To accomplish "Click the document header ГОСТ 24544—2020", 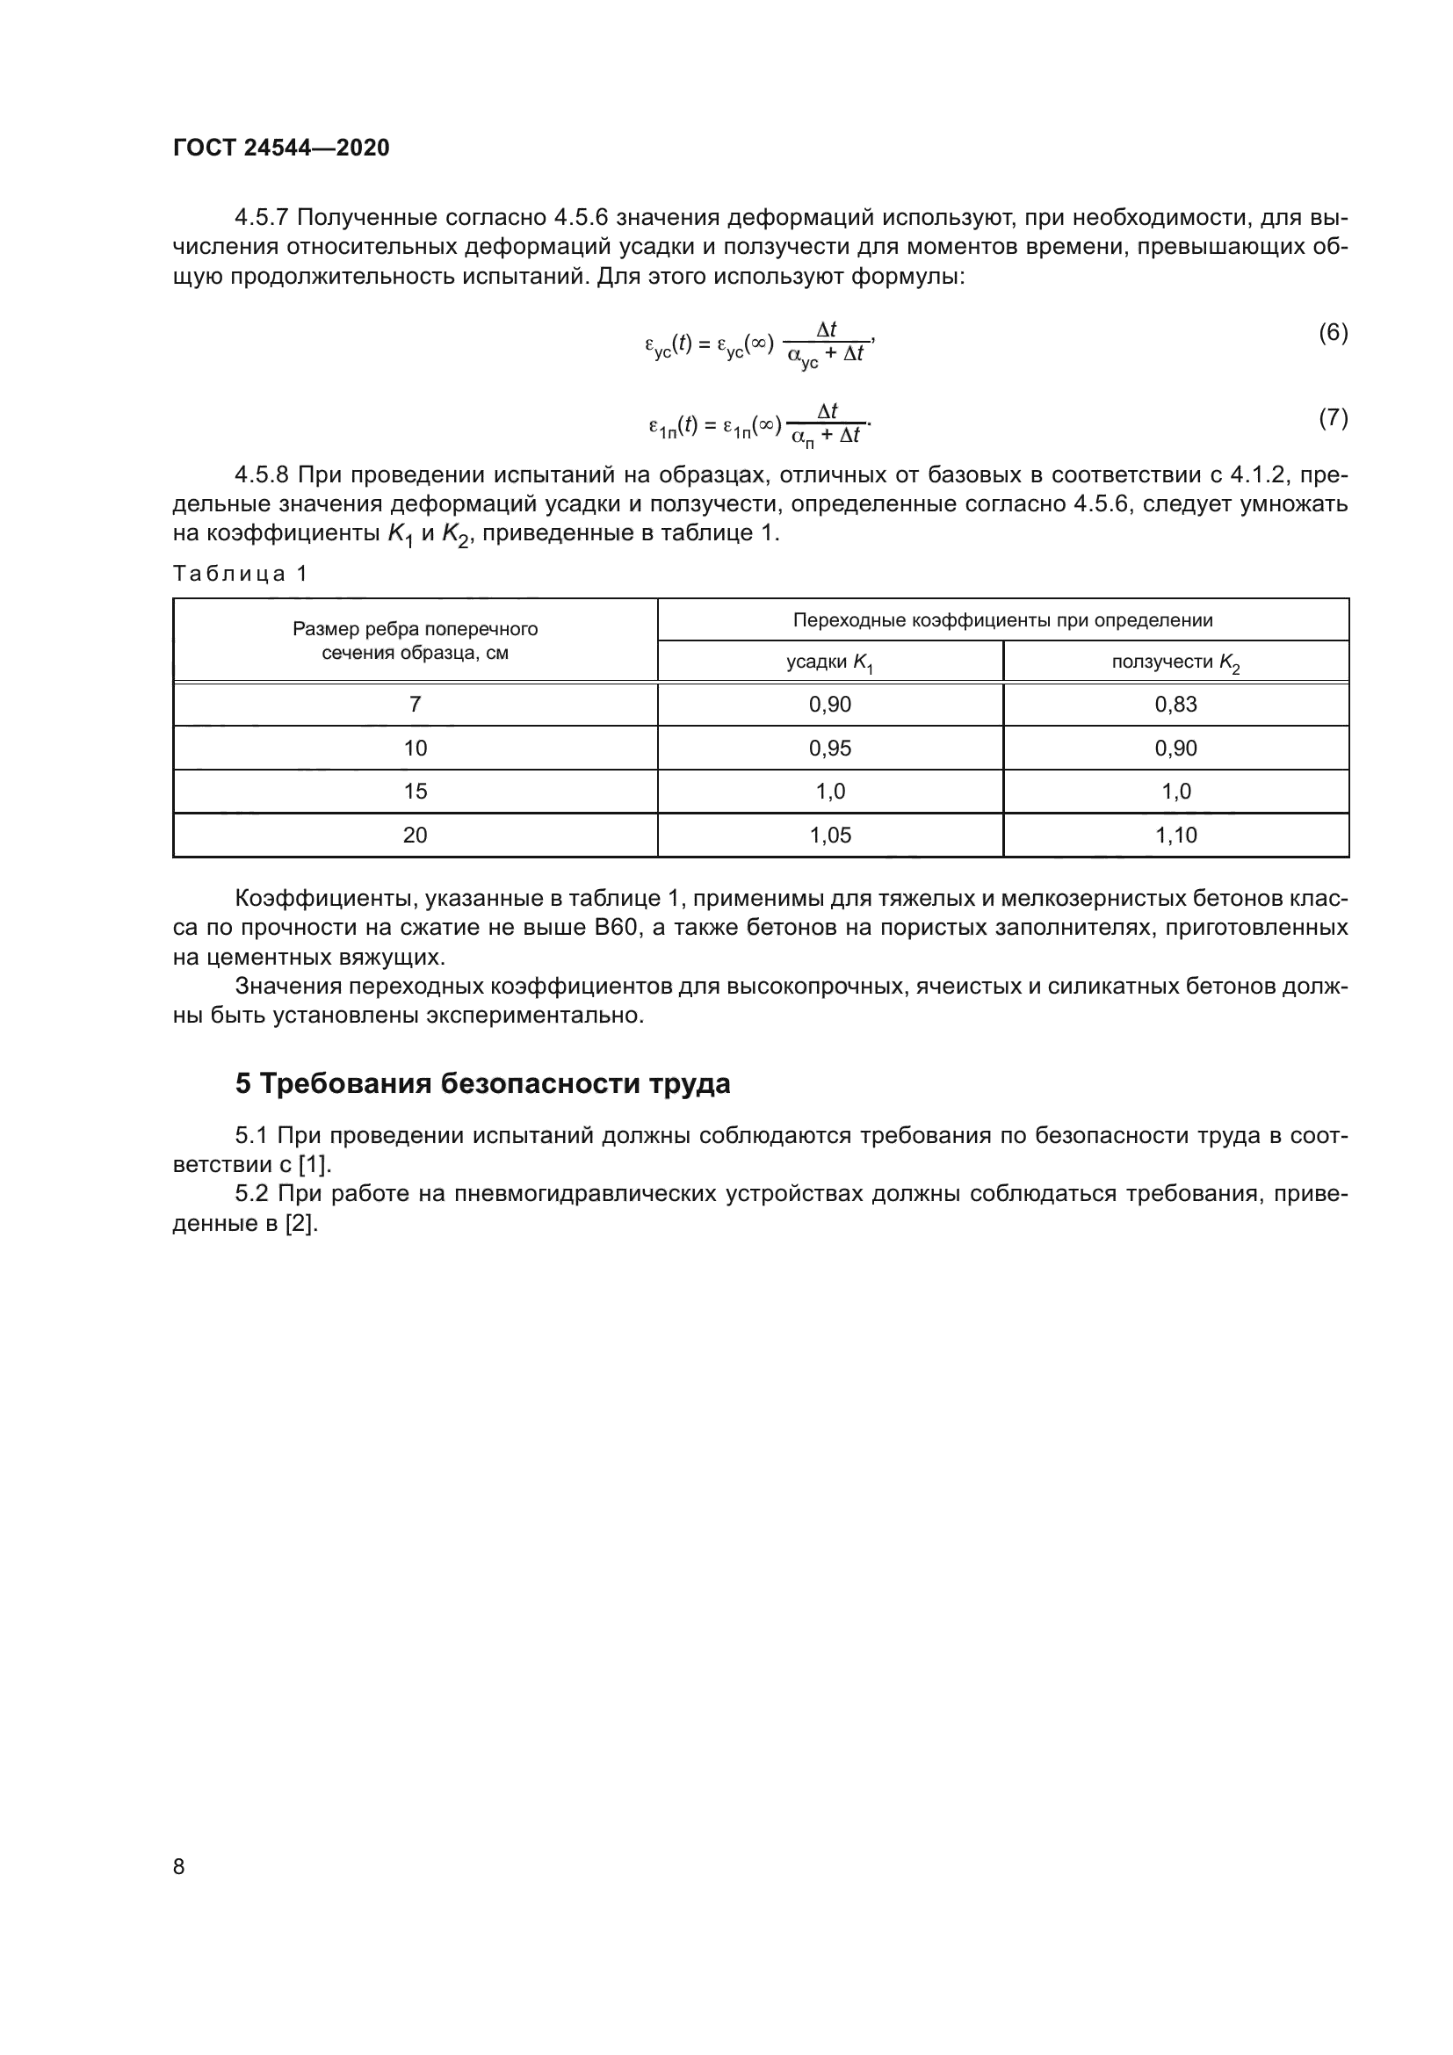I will (281, 148).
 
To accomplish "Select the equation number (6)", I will (1333, 333).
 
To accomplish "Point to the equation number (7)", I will (1333, 418).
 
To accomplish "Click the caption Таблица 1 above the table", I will (240, 574).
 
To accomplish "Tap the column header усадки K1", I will (829, 662).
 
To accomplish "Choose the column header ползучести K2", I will (1175, 662).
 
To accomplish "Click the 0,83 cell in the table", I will (1175, 705).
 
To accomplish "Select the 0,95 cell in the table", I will (829, 749).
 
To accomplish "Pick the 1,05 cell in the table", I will (829, 835).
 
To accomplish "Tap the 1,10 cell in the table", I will (1175, 835).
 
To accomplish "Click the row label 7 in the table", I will (415, 705).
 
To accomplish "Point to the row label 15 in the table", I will (415, 792).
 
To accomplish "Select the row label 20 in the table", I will (415, 835).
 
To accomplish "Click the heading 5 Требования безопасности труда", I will (482, 1084).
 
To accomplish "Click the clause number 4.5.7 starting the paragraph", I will (261, 218).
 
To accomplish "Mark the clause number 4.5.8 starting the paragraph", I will (261, 474).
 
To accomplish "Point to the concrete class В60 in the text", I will (615, 927).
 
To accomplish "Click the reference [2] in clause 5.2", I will (300, 1224).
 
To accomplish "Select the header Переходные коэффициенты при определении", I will (1002, 620).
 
